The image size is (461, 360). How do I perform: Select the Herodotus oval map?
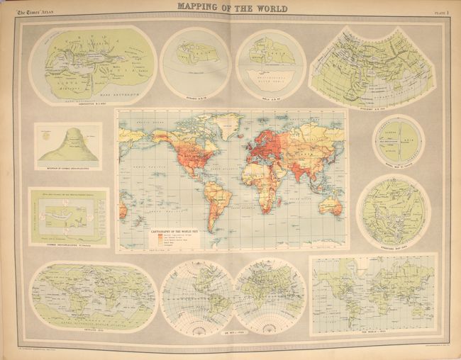tap(94, 64)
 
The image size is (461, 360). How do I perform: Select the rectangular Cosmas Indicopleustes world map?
tap(68, 215)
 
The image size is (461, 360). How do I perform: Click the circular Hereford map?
tap(393, 209)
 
